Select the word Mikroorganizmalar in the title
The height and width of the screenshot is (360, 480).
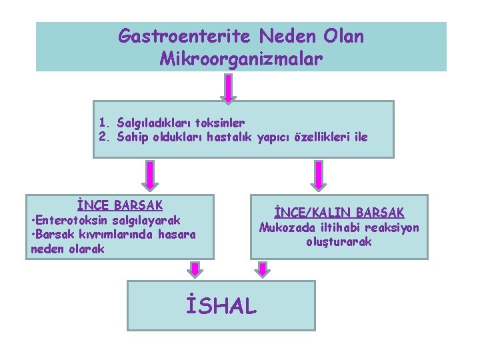point(241,59)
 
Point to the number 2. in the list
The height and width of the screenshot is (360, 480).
point(104,137)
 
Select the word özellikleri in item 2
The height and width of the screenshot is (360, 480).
point(323,137)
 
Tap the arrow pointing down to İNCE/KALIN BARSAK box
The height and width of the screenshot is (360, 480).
point(316,177)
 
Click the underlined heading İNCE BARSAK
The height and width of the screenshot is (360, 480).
point(119,205)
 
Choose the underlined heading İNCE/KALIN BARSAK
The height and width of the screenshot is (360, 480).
point(339,213)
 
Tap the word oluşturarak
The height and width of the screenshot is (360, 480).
point(339,242)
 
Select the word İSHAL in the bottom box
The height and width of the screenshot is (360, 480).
point(221,306)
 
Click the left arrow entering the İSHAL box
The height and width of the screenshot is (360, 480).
point(194,269)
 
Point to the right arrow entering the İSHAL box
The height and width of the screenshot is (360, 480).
point(263,269)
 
